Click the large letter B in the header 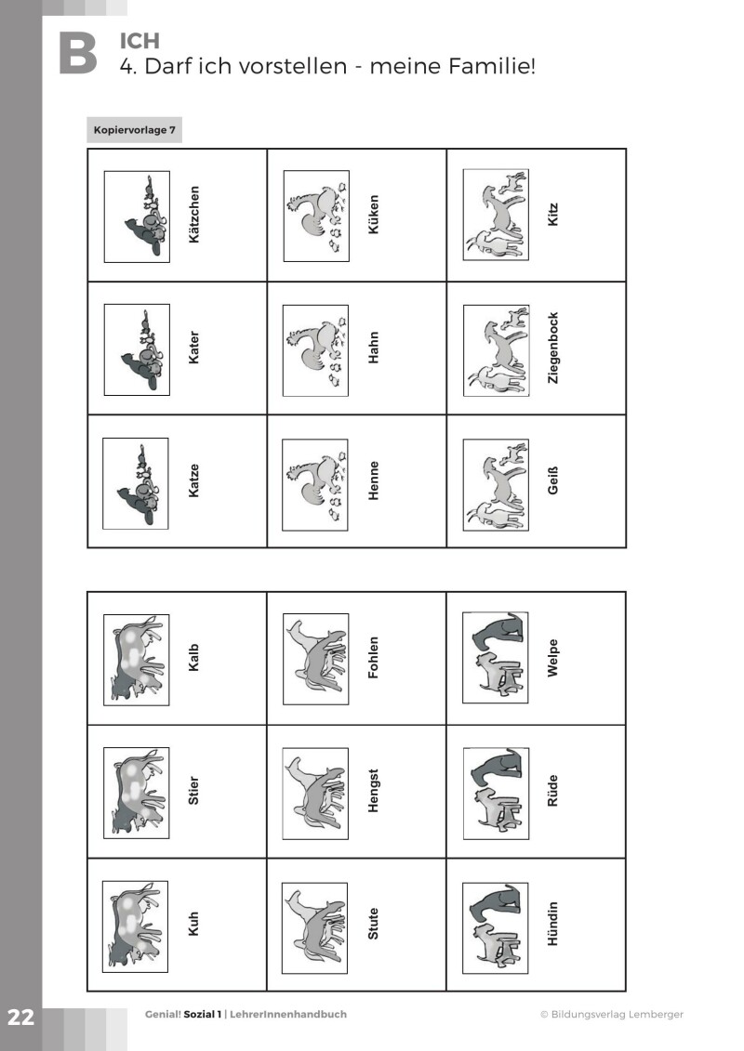pos(77,53)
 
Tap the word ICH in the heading pos(140,41)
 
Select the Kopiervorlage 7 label pos(135,130)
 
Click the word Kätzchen pos(193,216)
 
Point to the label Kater pos(193,348)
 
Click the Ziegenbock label pos(553,348)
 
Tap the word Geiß pos(553,481)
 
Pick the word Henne pos(374,481)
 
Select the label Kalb pos(193,658)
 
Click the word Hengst pos(374,791)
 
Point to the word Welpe pos(553,658)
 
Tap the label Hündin pos(553,924)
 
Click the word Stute pos(374,924)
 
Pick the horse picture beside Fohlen pos(316,658)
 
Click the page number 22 pos(20,1017)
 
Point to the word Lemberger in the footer pos(654,1015)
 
